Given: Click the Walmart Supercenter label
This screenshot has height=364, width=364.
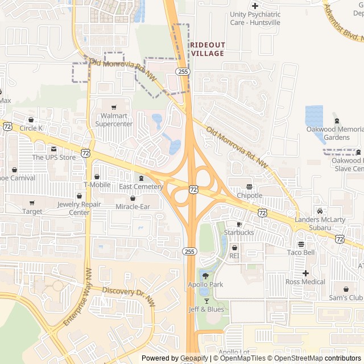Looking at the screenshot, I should pos(114,120).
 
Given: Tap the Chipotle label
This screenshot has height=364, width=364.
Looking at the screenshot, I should pos(249,196).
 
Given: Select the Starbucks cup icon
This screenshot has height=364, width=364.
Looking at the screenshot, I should pos(239,224).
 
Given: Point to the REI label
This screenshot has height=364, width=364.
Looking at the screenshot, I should pos(234,257).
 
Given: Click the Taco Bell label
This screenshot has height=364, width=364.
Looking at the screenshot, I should pos(301,253).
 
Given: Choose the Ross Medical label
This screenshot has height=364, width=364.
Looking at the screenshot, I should pos(305,282).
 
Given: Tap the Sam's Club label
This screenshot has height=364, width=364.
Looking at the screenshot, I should pos(345,298).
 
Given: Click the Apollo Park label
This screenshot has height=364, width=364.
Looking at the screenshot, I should pos(205,284).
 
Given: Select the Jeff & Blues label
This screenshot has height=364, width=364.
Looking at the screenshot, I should pos(206,309).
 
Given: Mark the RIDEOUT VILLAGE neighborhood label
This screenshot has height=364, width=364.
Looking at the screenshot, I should pos(207,49).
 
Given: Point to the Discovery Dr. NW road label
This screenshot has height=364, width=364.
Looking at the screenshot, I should pos(129,294).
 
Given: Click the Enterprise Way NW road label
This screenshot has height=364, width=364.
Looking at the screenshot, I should pos(77,297).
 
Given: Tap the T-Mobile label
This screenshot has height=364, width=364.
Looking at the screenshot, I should pos(97,185).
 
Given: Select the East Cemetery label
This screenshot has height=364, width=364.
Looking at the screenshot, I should pos(141,187).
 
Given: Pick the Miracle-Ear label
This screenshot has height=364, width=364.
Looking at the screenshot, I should pos(133,206).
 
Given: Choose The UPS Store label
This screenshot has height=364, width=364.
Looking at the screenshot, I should pos(53,158).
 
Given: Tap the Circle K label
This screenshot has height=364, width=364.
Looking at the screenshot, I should pos(31,128).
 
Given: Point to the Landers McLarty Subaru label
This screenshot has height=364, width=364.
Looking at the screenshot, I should pos(320,224).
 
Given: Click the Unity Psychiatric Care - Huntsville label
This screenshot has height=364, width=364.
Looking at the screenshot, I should pos(255,18).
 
